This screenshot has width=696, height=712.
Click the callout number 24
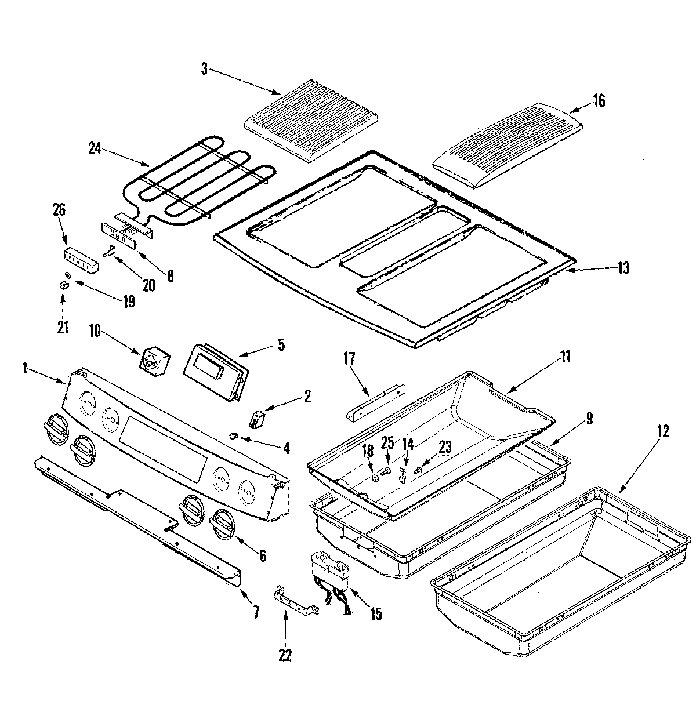[x=95, y=149]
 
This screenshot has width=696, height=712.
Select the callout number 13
[x=622, y=268]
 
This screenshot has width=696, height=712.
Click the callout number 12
[x=663, y=431]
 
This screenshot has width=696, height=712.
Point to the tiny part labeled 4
[x=235, y=435]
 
